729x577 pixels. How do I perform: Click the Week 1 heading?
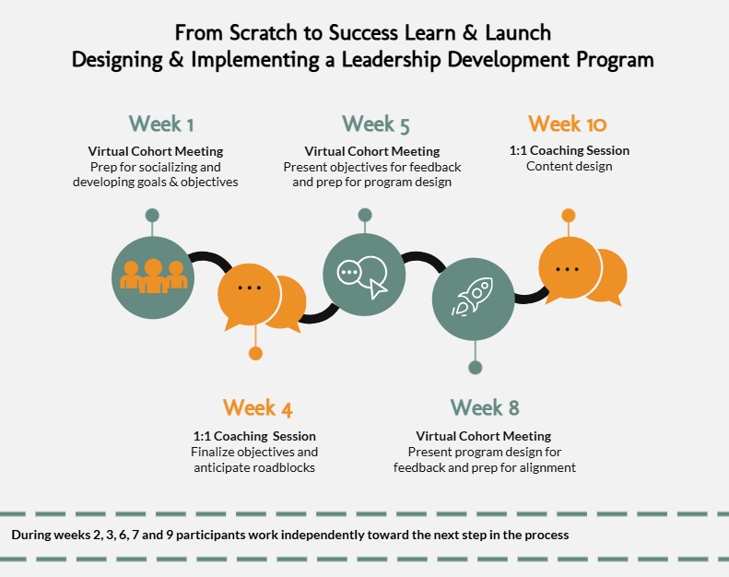(x=161, y=124)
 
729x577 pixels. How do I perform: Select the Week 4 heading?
(x=257, y=407)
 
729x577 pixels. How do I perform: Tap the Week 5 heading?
(x=375, y=124)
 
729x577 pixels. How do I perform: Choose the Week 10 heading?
(x=568, y=124)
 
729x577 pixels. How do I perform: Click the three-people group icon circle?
(x=153, y=275)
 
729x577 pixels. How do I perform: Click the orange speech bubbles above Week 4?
(x=258, y=297)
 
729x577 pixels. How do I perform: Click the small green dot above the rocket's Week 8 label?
(x=475, y=367)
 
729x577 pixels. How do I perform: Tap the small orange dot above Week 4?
(x=256, y=353)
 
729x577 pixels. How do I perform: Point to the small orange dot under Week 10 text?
(x=569, y=216)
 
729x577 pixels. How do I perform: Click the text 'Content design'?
(x=569, y=167)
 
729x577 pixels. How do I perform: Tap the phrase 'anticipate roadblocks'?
(x=254, y=467)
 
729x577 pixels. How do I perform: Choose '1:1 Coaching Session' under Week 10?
(x=570, y=150)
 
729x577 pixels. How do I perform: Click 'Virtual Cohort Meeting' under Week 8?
(x=484, y=436)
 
